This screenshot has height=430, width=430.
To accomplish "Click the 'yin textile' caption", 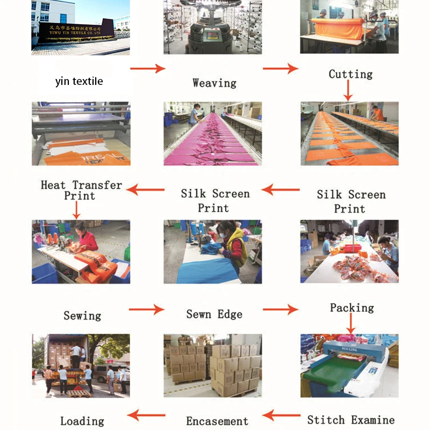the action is [79, 82].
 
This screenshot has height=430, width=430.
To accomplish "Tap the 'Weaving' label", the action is [214, 83].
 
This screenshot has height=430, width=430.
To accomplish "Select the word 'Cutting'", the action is [350, 74].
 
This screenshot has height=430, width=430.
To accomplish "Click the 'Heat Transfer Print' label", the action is [81, 190].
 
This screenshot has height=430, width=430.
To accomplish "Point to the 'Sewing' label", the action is [82, 316].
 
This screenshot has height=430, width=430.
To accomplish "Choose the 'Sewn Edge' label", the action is [214, 314].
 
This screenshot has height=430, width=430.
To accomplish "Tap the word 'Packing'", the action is [352, 308].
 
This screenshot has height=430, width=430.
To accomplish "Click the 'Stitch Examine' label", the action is [350, 420].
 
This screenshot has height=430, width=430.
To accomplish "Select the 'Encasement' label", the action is [217, 421].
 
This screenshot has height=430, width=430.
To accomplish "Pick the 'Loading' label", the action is [82, 421].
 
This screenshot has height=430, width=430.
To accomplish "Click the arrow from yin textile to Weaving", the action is [147, 68].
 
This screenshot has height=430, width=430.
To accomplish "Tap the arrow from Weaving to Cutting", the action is [280, 68].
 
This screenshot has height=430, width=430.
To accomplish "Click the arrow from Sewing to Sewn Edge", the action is [146, 309].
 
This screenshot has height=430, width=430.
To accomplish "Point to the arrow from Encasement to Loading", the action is [146, 414].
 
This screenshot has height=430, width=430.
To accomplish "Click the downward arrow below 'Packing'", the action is [351, 324].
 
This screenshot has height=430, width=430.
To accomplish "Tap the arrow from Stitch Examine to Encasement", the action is [281, 414].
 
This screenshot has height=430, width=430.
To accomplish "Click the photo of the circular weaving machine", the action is [213, 27].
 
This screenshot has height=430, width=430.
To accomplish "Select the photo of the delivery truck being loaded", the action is [81, 365].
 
